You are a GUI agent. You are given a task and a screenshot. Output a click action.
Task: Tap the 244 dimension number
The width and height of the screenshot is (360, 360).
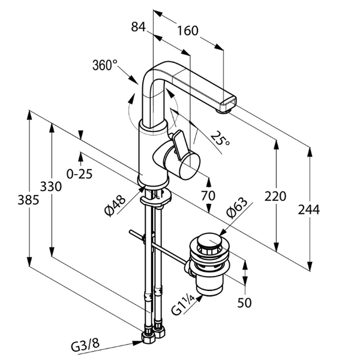(308, 209)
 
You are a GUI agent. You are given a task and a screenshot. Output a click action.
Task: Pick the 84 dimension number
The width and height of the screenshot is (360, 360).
(139, 26)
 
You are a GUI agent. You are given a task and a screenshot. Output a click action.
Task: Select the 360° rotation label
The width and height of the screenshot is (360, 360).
(105, 65)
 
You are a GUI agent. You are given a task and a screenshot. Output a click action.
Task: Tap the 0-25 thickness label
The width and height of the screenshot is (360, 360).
(79, 174)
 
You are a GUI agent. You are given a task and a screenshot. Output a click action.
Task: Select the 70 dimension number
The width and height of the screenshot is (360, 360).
(208, 196)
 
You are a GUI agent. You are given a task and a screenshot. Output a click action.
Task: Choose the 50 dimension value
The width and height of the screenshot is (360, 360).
(244, 302)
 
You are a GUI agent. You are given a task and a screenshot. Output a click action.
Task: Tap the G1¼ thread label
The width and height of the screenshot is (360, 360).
(181, 304)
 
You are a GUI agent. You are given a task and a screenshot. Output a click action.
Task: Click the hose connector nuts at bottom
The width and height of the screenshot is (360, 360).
(152, 334)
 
